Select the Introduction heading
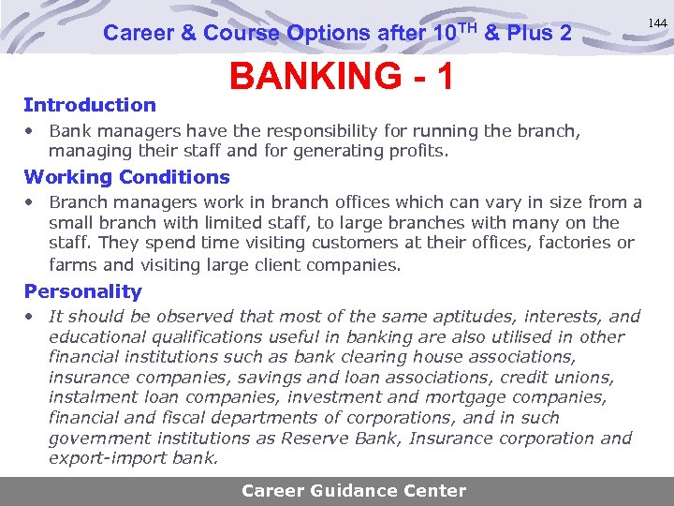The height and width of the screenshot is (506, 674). (90, 105)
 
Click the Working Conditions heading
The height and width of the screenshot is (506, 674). (126, 177)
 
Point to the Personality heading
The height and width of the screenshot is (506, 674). (82, 291)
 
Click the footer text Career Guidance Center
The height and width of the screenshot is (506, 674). (353, 490)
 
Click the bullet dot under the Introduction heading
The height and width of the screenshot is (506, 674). (31, 130)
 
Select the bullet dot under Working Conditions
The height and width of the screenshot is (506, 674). (31, 202)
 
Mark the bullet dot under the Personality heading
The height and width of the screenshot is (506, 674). (31, 317)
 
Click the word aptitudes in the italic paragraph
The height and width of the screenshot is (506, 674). (434, 317)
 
